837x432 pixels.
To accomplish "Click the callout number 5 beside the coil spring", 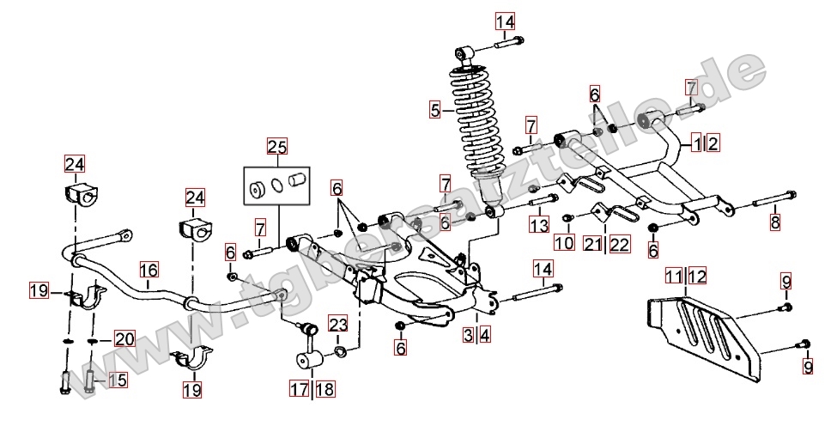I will coord(436,109).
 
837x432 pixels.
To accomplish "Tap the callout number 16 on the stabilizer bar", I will coord(149,269).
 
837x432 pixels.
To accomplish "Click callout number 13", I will coord(538,225).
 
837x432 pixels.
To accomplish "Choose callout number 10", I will coord(563,243).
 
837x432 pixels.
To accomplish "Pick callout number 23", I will coord(337,324).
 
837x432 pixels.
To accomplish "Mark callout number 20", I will coord(124,339).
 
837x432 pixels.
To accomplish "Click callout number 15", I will coord(117,379).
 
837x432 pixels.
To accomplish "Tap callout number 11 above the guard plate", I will coord(676,276).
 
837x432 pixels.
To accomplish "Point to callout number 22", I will coord(620,244).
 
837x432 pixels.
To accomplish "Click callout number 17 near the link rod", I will coord(298,389).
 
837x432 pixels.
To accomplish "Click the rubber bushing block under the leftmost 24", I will coord(77,194).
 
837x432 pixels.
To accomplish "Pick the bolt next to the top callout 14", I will coord(512,40).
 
